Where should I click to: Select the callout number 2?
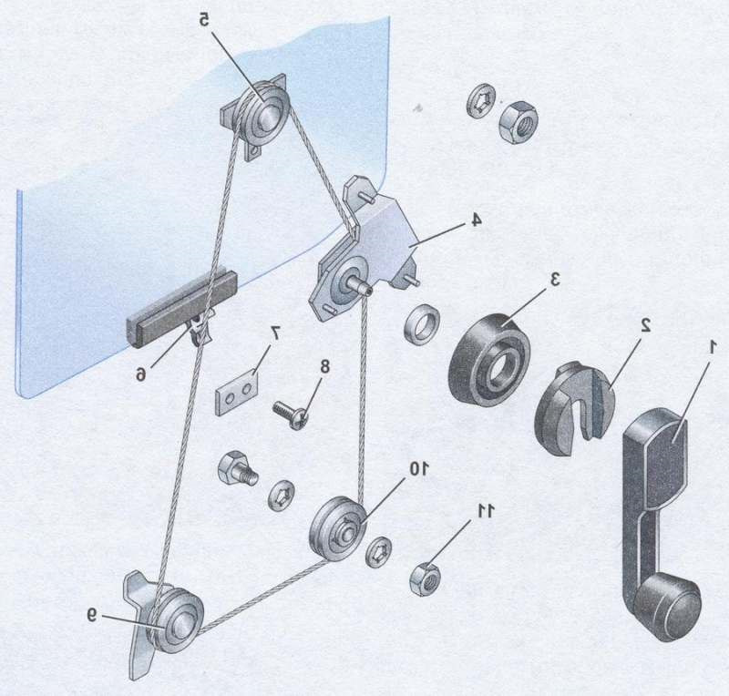click(645, 326)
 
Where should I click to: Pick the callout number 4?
click(475, 220)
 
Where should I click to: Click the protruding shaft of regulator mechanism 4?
click(359, 283)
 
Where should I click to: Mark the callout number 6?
click(140, 374)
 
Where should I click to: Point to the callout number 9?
click(92, 615)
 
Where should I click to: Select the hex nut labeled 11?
click(425, 578)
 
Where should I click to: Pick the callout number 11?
click(485, 511)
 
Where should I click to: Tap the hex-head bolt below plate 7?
click(236, 470)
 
